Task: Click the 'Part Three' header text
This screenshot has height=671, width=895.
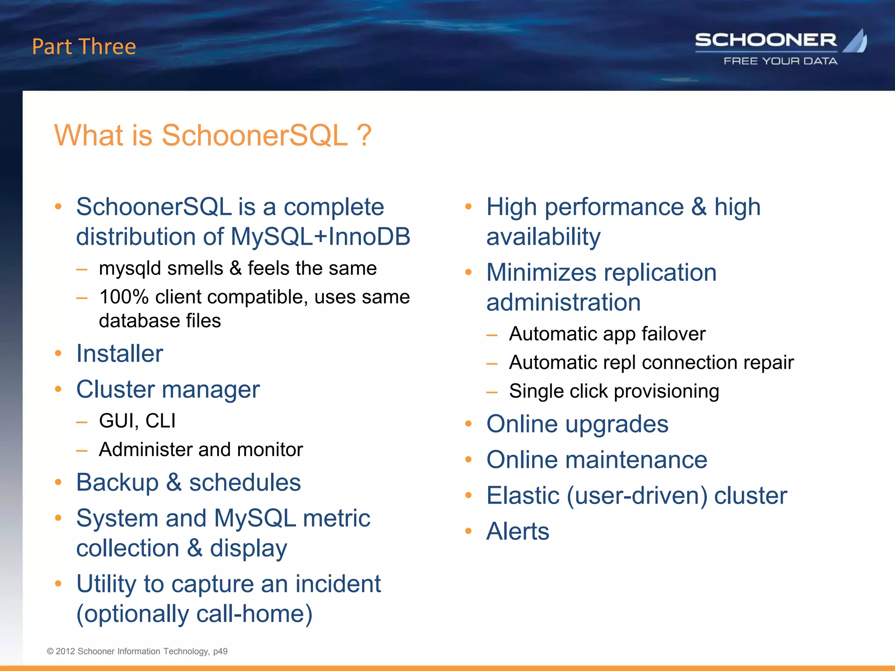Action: pos(84,47)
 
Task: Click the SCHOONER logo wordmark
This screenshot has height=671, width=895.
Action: pos(766,40)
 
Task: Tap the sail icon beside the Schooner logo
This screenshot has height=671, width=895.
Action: pos(856,41)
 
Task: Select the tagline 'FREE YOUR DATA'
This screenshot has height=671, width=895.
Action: pos(780,61)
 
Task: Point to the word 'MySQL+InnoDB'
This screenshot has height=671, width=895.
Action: pos(320,237)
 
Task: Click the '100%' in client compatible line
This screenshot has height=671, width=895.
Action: pos(124,297)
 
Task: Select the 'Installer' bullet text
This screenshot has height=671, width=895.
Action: pos(119,353)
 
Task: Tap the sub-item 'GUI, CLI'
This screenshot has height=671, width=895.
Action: pos(137,421)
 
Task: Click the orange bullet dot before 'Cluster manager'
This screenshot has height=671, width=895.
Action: pos(58,389)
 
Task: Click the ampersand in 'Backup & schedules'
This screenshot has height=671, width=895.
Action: pos(173,483)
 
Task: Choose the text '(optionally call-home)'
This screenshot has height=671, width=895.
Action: pos(194,614)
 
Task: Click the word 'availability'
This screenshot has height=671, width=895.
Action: pos(543,237)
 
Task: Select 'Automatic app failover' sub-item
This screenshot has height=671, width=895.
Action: pos(607,334)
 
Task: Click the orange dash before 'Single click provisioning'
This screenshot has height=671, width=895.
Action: pos(492,392)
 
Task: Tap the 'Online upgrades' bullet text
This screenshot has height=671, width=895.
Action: pos(577,424)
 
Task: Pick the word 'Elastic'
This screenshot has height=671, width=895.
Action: pos(523,495)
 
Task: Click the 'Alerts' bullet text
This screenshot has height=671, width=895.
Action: pos(517,531)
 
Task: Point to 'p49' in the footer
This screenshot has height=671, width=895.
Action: pos(220,651)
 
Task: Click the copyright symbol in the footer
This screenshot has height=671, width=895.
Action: pos(50,651)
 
